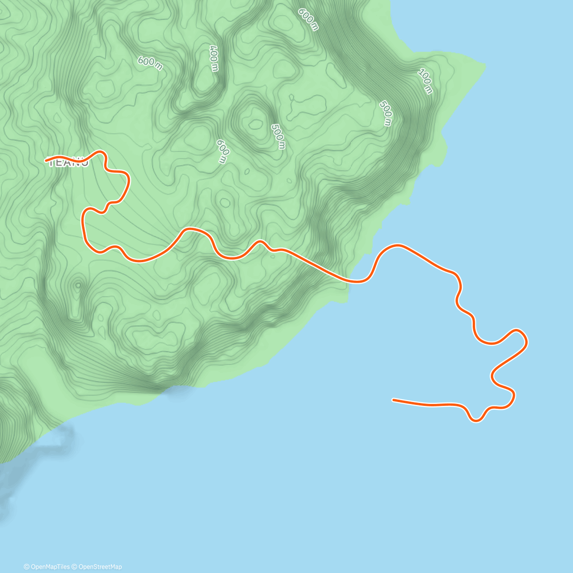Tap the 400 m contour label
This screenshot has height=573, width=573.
[x=213, y=58]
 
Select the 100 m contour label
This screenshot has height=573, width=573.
[x=425, y=81]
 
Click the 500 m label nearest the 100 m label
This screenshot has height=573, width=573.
[x=386, y=114]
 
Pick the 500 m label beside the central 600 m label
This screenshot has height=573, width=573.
[x=278, y=137]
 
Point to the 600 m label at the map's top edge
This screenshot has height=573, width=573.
[x=308, y=19]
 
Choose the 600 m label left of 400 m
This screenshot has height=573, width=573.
[x=150, y=63]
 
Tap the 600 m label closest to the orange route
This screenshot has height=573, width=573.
[x=223, y=151]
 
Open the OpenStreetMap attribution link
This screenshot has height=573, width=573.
[x=100, y=567]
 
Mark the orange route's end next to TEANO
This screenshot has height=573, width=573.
[x=46, y=160]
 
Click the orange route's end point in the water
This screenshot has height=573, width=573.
[x=393, y=400]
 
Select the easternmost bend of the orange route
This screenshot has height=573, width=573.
[x=526, y=340]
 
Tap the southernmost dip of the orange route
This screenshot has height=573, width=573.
[x=476, y=421]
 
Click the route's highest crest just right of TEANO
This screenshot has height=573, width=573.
[x=100, y=152]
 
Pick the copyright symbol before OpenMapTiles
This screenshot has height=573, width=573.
[x=26, y=567]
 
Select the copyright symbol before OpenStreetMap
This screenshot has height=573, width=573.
[x=74, y=567]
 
